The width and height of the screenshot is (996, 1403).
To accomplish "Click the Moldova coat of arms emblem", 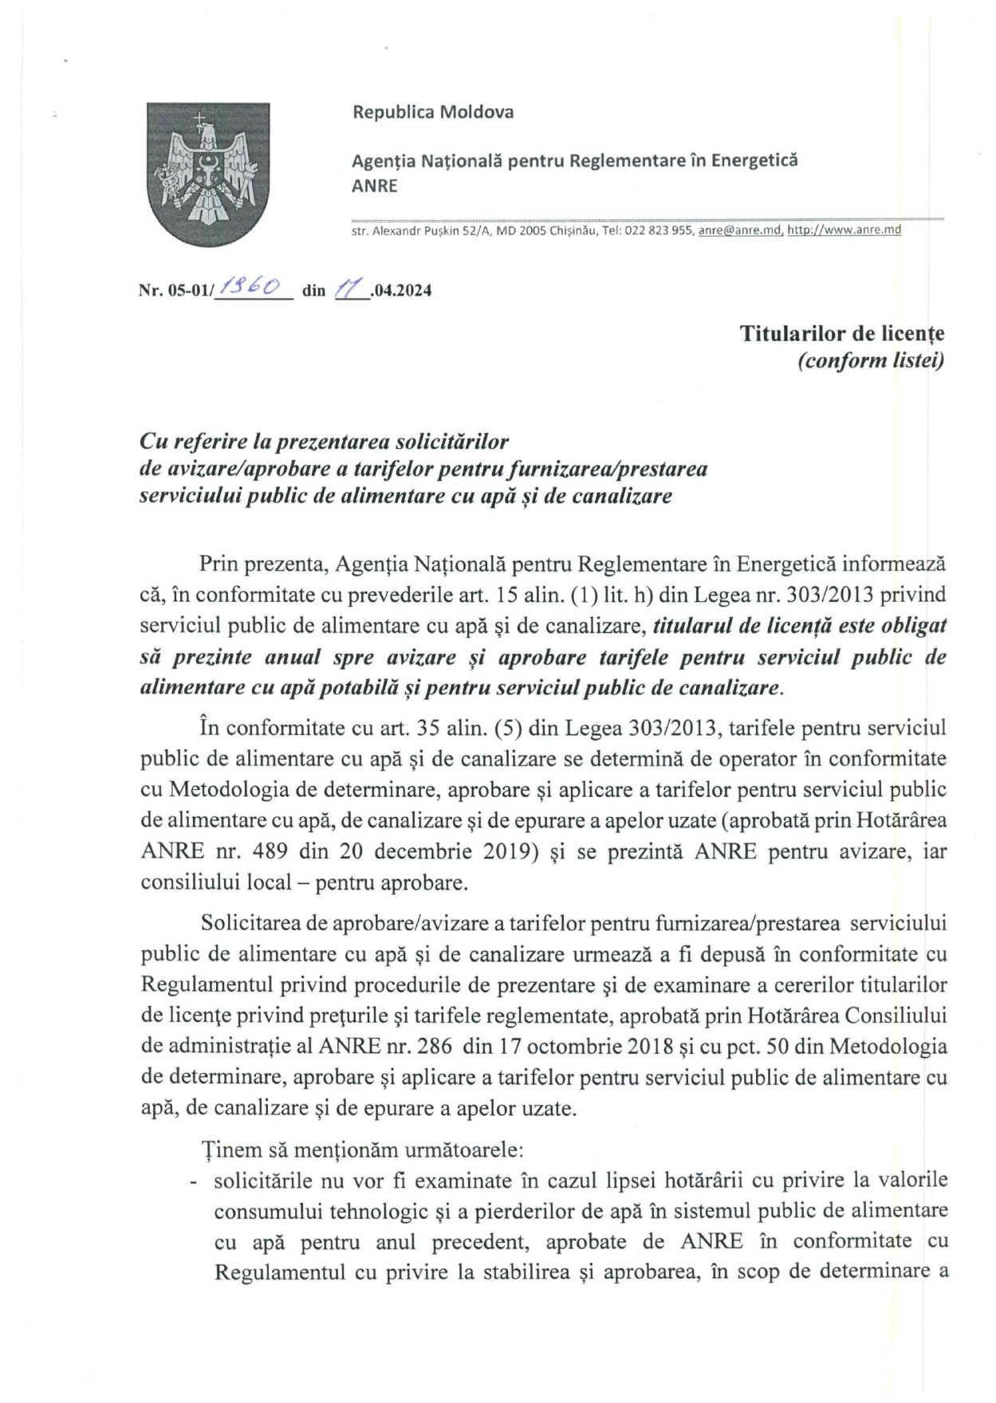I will [207, 173].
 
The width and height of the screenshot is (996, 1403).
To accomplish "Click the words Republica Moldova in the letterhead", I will [433, 112].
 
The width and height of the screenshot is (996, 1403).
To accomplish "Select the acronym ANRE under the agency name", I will [374, 186].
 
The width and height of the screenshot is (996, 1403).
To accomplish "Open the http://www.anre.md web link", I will [844, 230].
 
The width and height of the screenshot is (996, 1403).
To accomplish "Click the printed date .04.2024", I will [402, 290].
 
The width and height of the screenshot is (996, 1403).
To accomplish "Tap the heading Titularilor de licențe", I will [841, 333].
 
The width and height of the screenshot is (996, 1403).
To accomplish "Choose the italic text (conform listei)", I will [871, 360].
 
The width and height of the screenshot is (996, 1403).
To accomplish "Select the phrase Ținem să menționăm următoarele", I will [362, 1150].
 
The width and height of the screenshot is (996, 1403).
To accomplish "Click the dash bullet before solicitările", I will [194, 1181].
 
